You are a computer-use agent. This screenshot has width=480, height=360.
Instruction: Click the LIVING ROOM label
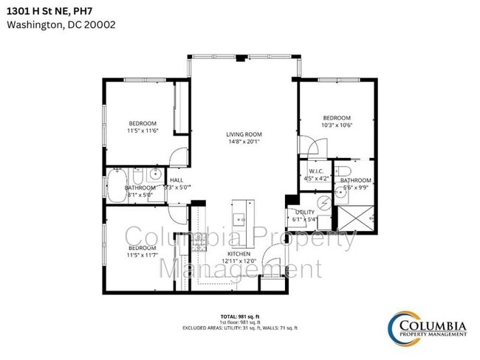244,134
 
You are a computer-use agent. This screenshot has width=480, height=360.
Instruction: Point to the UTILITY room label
304,211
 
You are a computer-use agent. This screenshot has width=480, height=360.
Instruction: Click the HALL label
176,180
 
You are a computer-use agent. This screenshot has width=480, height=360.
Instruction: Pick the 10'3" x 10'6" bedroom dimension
337,125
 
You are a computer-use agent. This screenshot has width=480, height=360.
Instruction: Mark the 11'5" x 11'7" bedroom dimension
143,256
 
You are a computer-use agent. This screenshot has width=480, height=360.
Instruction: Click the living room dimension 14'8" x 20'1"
244,142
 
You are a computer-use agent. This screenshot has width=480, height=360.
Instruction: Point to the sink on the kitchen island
240,218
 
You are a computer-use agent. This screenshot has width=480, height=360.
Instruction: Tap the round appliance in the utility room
324,203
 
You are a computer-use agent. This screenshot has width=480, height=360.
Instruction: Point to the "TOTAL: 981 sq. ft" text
240,316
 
